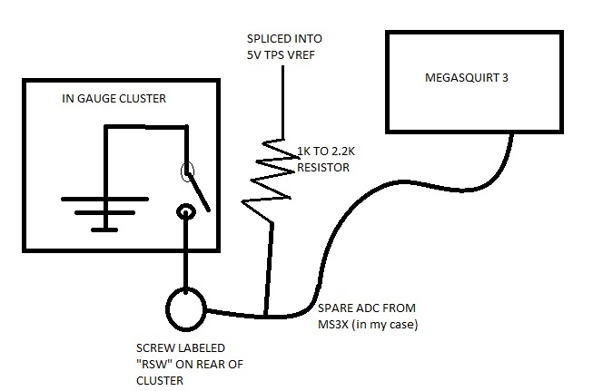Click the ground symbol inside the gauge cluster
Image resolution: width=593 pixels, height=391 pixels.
click(106, 204)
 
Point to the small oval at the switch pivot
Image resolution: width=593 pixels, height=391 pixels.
click(188, 170)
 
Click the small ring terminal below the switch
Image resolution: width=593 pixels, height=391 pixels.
click(185, 212)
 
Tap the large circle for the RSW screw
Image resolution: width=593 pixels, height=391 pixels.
click(185, 308)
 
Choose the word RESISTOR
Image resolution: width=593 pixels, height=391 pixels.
click(325, 168)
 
